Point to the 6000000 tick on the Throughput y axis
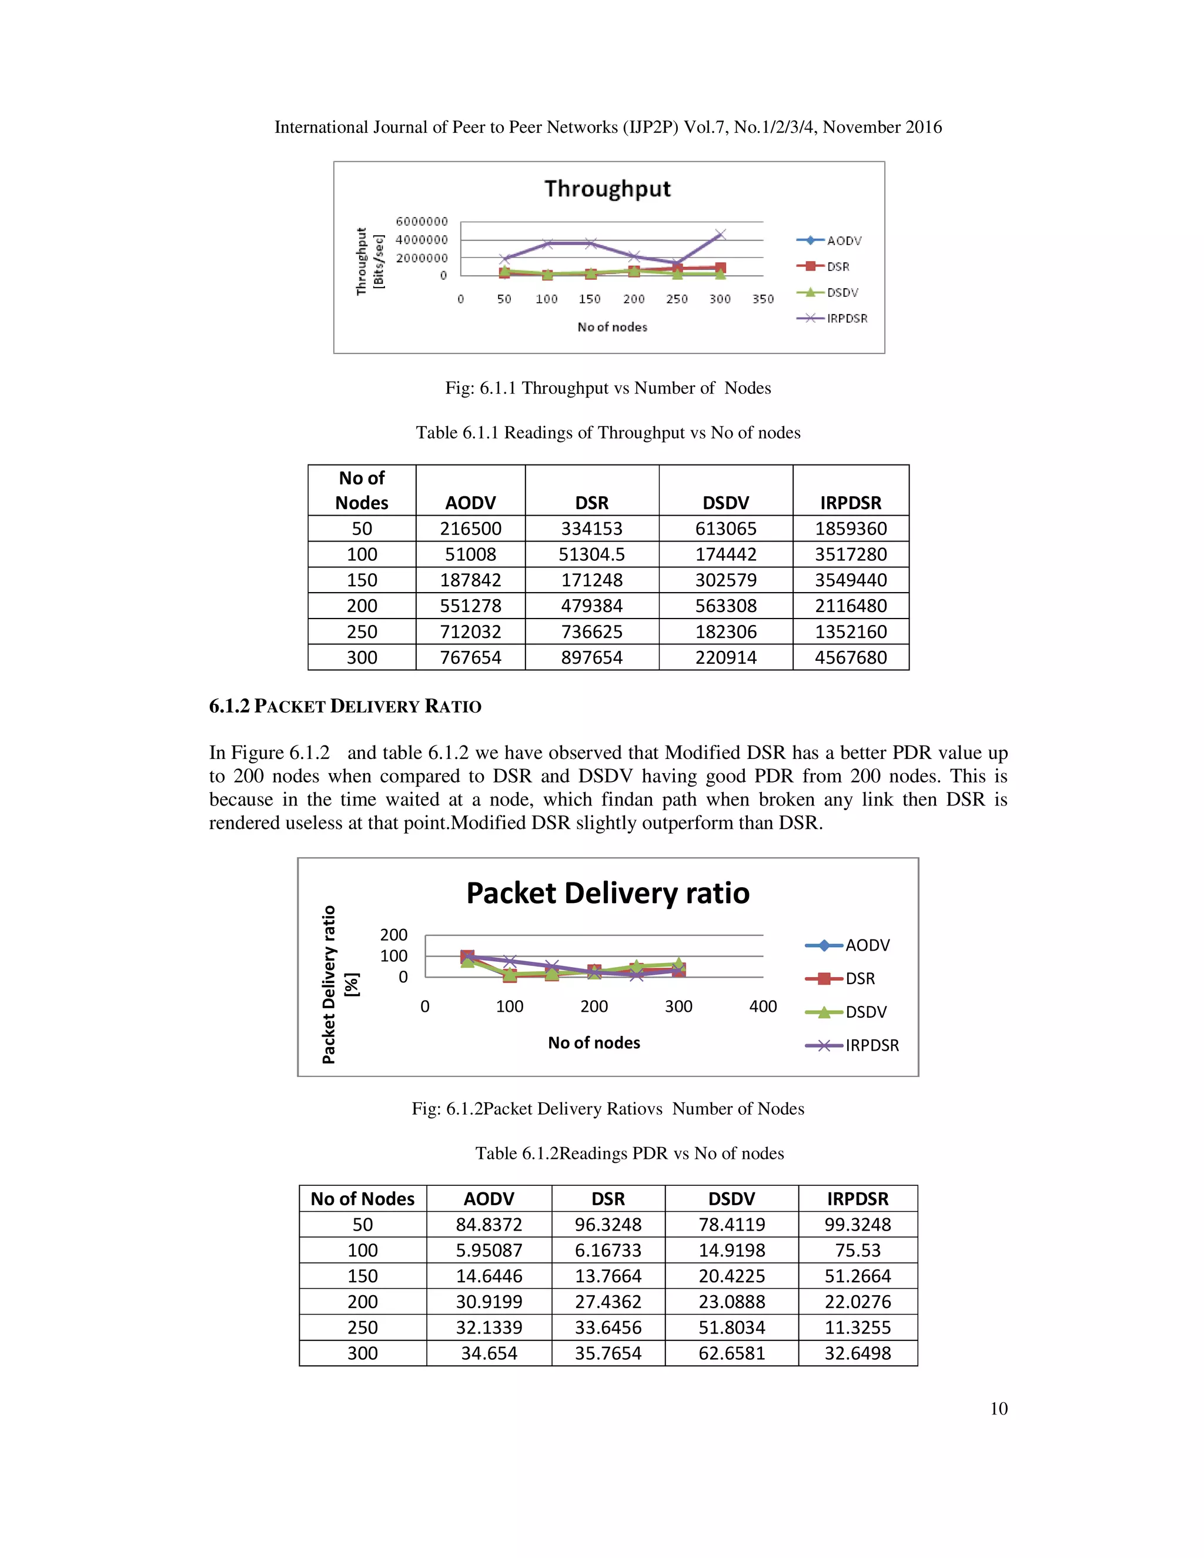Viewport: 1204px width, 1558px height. (x=422, y=221)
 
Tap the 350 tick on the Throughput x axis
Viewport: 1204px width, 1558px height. (x=762, y=299)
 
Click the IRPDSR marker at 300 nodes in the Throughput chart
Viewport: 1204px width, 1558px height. (x=720, y=234)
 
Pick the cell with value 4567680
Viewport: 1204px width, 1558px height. (x=850, y=657)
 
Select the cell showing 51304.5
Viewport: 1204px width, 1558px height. (x=591, y=554)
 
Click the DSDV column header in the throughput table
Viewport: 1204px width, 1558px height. (x=725, y=503)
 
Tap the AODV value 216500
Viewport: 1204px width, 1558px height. (x=470, y=529)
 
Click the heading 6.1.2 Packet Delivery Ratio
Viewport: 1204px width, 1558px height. (x=345, y=706)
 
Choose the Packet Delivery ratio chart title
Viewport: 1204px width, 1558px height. (x=608, y=893)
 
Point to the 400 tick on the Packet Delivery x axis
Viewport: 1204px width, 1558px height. (x=762, y=1007)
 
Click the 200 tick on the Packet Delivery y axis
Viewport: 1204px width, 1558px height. (x=393, y=935)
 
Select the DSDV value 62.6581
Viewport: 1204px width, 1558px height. (x=731, y=1353)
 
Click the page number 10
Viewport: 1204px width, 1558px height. (x=999, y=1408)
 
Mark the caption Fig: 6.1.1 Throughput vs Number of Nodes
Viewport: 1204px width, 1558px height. (x=608, y=388)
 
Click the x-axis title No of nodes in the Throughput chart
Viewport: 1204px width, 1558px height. (x=612, y=327)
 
